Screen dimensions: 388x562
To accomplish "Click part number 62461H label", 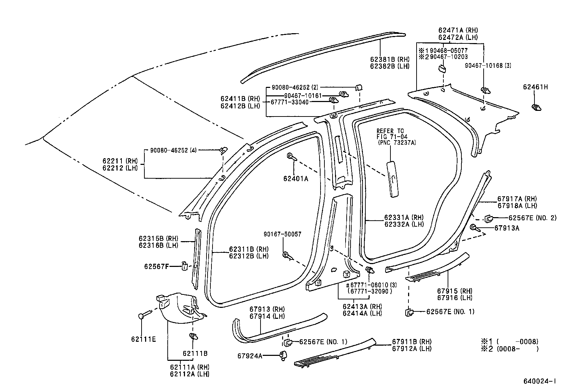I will tap(535, 87).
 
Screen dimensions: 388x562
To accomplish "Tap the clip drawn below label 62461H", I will tap(536, 107).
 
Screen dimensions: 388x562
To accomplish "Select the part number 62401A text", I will tap(295, 179).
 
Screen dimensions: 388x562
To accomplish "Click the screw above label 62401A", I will tap(291, 157).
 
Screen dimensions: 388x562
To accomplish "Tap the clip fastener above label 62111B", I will tap(193, 337).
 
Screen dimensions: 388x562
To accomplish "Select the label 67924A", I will tap(250, 356).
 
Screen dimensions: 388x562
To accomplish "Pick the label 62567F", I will tap(157, 266).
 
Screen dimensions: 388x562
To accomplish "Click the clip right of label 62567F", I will tap(185, 265).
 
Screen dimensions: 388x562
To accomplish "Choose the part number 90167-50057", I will tap(282, 234).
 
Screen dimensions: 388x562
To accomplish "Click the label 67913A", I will tap(507, 228).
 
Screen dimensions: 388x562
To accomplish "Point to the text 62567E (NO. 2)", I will tap(532, 218).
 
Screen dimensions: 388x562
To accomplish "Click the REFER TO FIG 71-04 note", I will tap(391, 137).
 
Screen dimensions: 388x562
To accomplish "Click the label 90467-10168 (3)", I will tap(488, 65).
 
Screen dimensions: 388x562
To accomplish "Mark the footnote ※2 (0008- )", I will tap(510, 349).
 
